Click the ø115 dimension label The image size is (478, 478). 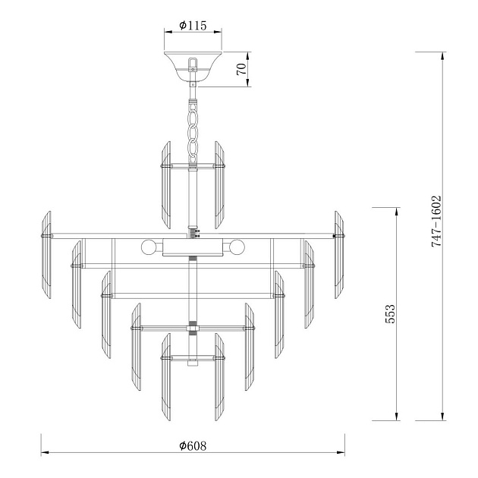[x=193, y=24]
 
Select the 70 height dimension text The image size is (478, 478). [x=241, y=69]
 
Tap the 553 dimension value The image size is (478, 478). [x=390, y=314]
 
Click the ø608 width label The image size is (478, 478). [x=193, y=446]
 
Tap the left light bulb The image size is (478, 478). [x=148, y=247]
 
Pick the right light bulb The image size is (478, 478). [x=237, y=247]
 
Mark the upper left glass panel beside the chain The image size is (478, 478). [x=164, y=184]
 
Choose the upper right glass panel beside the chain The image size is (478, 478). [x=220, y=184]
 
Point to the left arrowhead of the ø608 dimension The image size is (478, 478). [x=44, y=454]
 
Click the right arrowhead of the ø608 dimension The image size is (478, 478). [x=341, y=454]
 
